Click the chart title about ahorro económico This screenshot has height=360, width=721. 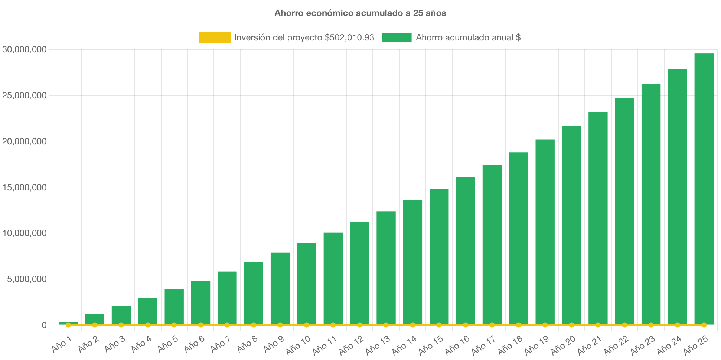pyautogui.click(x=360, y=13)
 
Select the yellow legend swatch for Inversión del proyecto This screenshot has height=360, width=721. pyautogui.click(x=215, y=37)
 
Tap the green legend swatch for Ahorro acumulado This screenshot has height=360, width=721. pyautogui.click(x=397, y=37)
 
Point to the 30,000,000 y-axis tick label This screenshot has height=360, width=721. pyautogui.click(x=25, y=50)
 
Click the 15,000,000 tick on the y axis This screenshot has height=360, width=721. pyautogui.click(x=25, y=187)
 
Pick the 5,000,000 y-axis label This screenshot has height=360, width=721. pyautogui.click(x=27, y=279)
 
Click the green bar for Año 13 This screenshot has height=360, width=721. pyautogui.click(x=386, y=267)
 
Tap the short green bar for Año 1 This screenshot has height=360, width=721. pyautogui.click(x=68, y=323)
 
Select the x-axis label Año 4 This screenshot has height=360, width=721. pyautogui.click(x=141, y=344)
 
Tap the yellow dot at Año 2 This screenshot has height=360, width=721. pyautogui.click(x=95, y=325)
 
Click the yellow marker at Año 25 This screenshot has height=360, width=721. pyautogui.click(x=704, y=325)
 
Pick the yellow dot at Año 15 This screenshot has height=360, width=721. pyautogui.click(x=439, y=325)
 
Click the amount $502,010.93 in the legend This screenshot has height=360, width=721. pyautogui.click(x=349, y=37)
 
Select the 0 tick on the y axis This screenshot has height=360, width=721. pyautogui.click(x=44, y=325)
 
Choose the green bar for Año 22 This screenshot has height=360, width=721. pyautogui.click(x=624, y=212)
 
